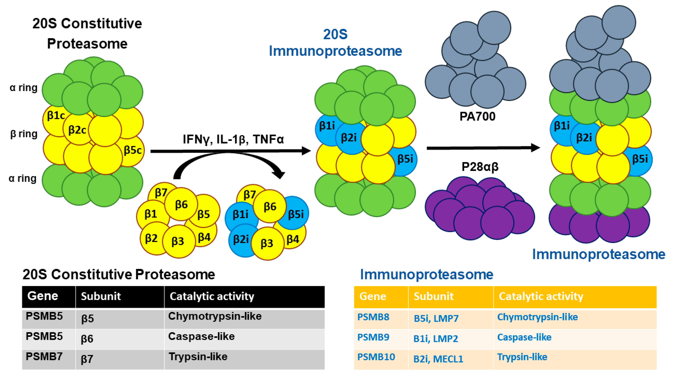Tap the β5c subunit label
click(133, 150)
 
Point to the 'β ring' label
click(24, 134)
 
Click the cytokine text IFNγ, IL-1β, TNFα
click(233, 139)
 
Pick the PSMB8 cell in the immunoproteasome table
click(373, 317)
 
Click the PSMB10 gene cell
click(376, 357)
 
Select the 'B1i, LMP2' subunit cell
click(436, 339)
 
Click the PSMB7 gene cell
click(44, 357)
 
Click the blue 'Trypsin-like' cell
click(522, 357)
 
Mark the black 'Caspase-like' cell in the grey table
click(201, 337)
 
